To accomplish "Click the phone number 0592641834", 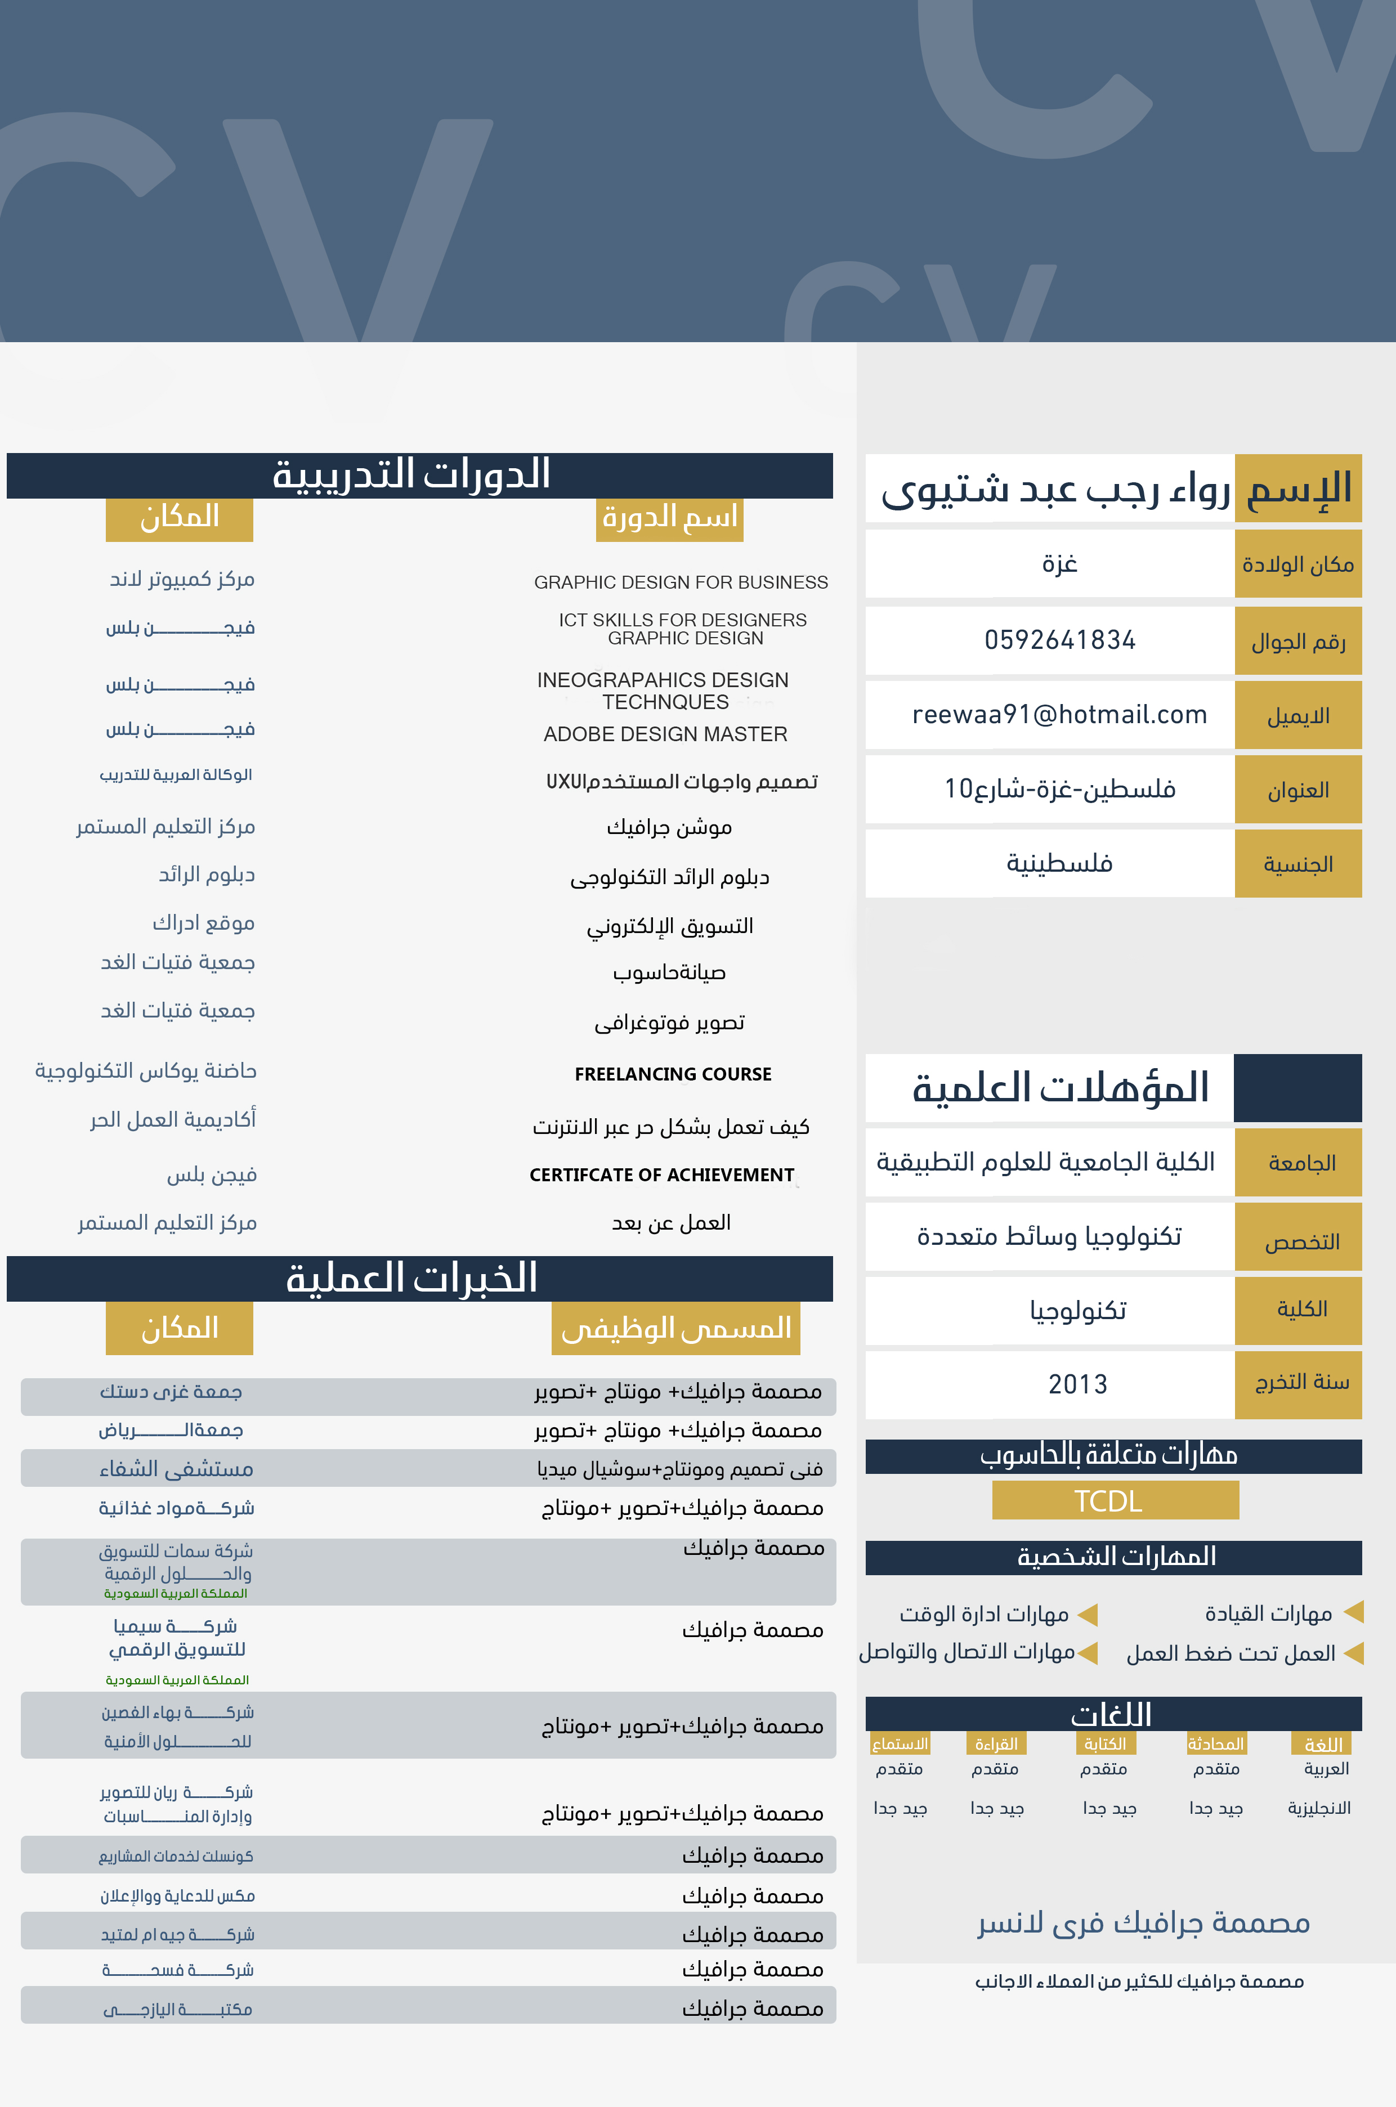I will point(1059,640).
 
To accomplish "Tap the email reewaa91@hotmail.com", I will point(1059,715).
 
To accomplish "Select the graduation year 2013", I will point(1077,1384).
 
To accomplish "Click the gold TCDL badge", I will point(1115,1501).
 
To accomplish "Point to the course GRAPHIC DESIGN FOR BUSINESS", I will point(681,582).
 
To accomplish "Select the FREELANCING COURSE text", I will point(673,1074).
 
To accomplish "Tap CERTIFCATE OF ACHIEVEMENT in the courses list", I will point(661,1175).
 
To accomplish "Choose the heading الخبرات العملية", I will point(411,1278).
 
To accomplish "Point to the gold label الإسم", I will point(1298,488).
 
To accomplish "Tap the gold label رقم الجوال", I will point(1298,642).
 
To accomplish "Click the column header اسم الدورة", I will point(669,517).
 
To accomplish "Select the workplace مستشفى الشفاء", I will point(176,1469).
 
